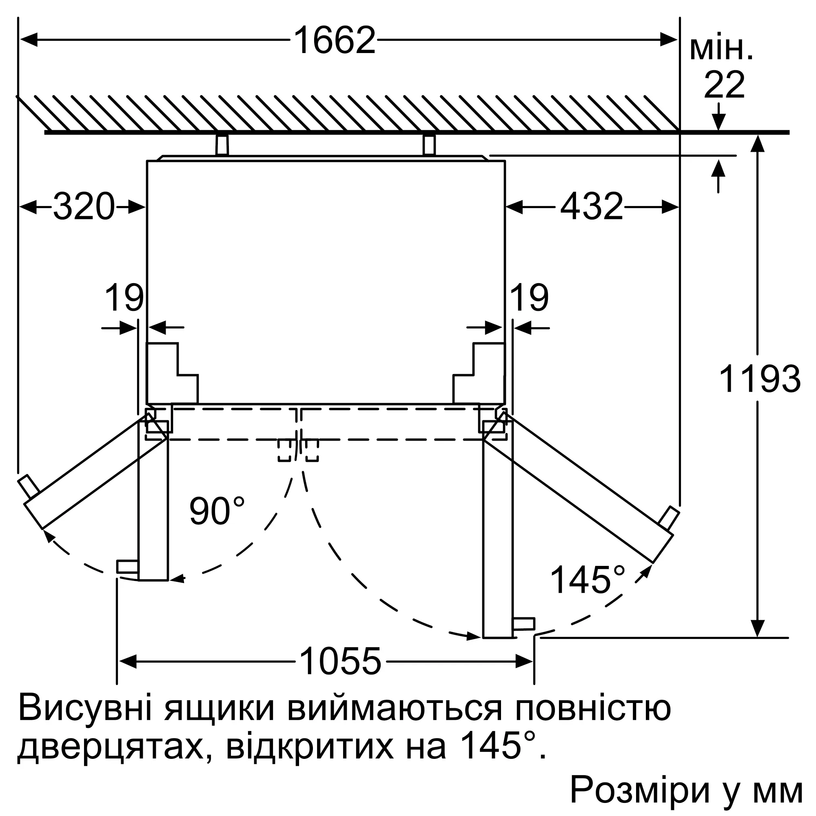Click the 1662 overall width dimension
click(334, 40)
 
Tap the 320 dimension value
click(84, 207)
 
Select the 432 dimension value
click(591, 207)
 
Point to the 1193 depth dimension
click(759, 379)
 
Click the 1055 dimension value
click(340, 662)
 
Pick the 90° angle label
click(217, 512)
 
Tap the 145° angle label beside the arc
click(587, 580)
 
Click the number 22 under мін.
click(724, 86)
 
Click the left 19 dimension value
click(124, 298)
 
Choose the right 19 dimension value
click(530, 298)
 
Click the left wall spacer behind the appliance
click(222, 145)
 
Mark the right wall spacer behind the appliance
click(429, 145)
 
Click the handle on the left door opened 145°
click(29, 486)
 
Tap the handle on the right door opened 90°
click(523, 624)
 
